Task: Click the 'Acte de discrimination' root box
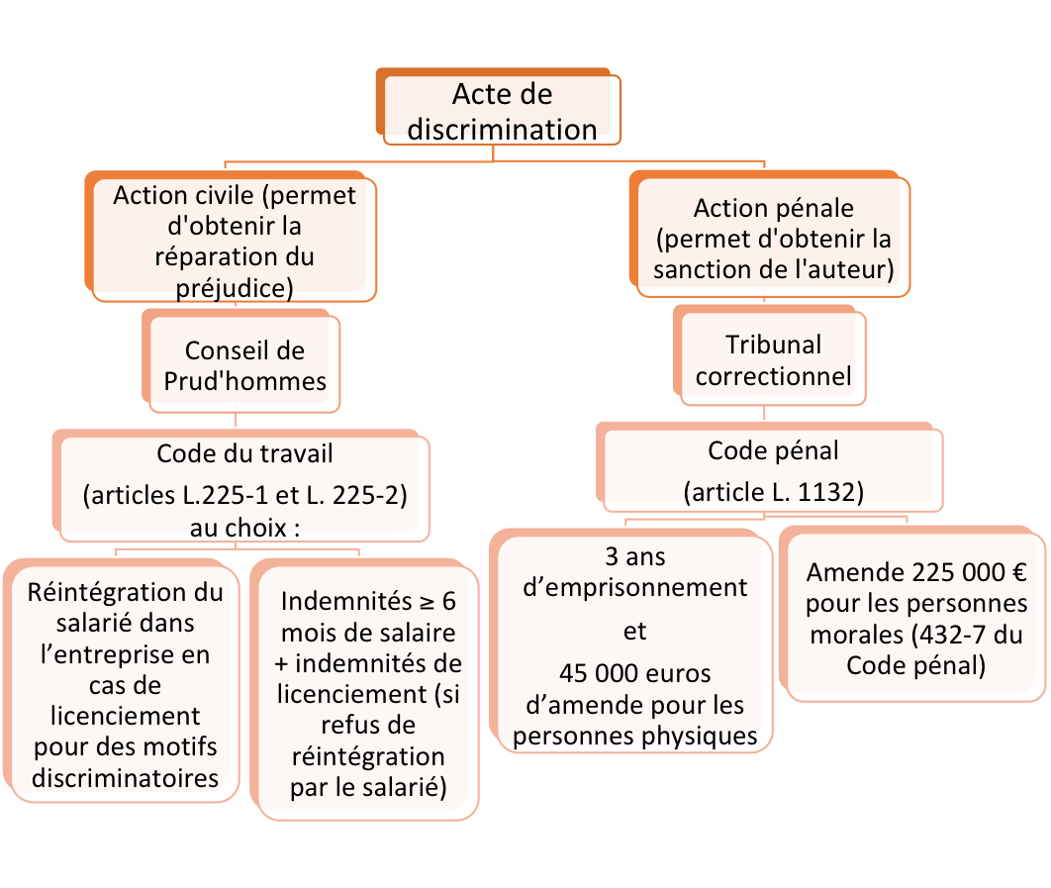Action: pyautogui.click(x=498, y=107)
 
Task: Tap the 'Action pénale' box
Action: pyautogui.click(x=770, y=234)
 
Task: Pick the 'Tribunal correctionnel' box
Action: pyautogui.click(x=770, y=355)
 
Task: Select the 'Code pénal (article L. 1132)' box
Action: pyautogui.click(x=770, y=467)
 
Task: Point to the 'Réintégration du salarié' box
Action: pyautogui.click(x=122, y=680)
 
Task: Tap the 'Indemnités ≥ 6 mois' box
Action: pyautogui.click(x=364, y=689)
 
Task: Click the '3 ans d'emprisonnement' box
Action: pyautogui.click(x=630, y=641)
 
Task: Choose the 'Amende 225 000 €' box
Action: pyautogui.click(x=912, y=614)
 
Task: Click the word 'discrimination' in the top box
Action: pyautogui.click(x=502, y=130)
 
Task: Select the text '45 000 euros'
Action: pyautogui.click(x=634, y=673)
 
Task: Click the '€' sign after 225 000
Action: pyautogui.click(x=1019, y=572)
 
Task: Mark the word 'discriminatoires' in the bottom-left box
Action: pyautogui.click(x=126, y=778)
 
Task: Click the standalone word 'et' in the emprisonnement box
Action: pyautogui.click(x=634, y=632)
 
